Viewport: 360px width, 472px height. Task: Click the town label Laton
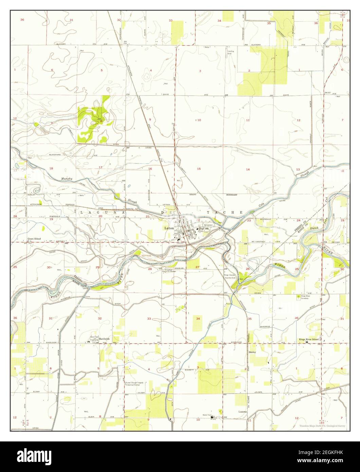point(169,228)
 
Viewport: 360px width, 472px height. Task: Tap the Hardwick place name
point(104,339)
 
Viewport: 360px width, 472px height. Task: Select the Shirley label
point(252,352)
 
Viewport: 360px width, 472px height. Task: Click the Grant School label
point(34,239)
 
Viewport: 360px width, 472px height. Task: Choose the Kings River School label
point(308,339)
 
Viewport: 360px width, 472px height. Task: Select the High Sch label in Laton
point(203,229)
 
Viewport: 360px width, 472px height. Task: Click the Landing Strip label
point(230,52)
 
